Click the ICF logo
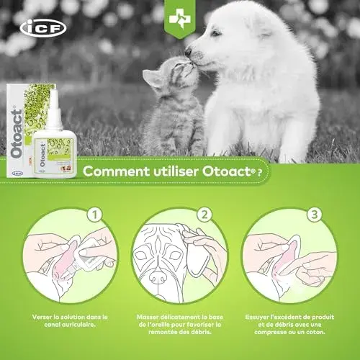43,28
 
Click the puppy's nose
189,51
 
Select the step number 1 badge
95,215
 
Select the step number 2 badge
204,215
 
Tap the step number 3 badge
315,215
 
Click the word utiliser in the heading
176,171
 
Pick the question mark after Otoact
259,173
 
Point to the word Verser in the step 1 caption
42,317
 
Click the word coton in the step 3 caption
316,333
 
